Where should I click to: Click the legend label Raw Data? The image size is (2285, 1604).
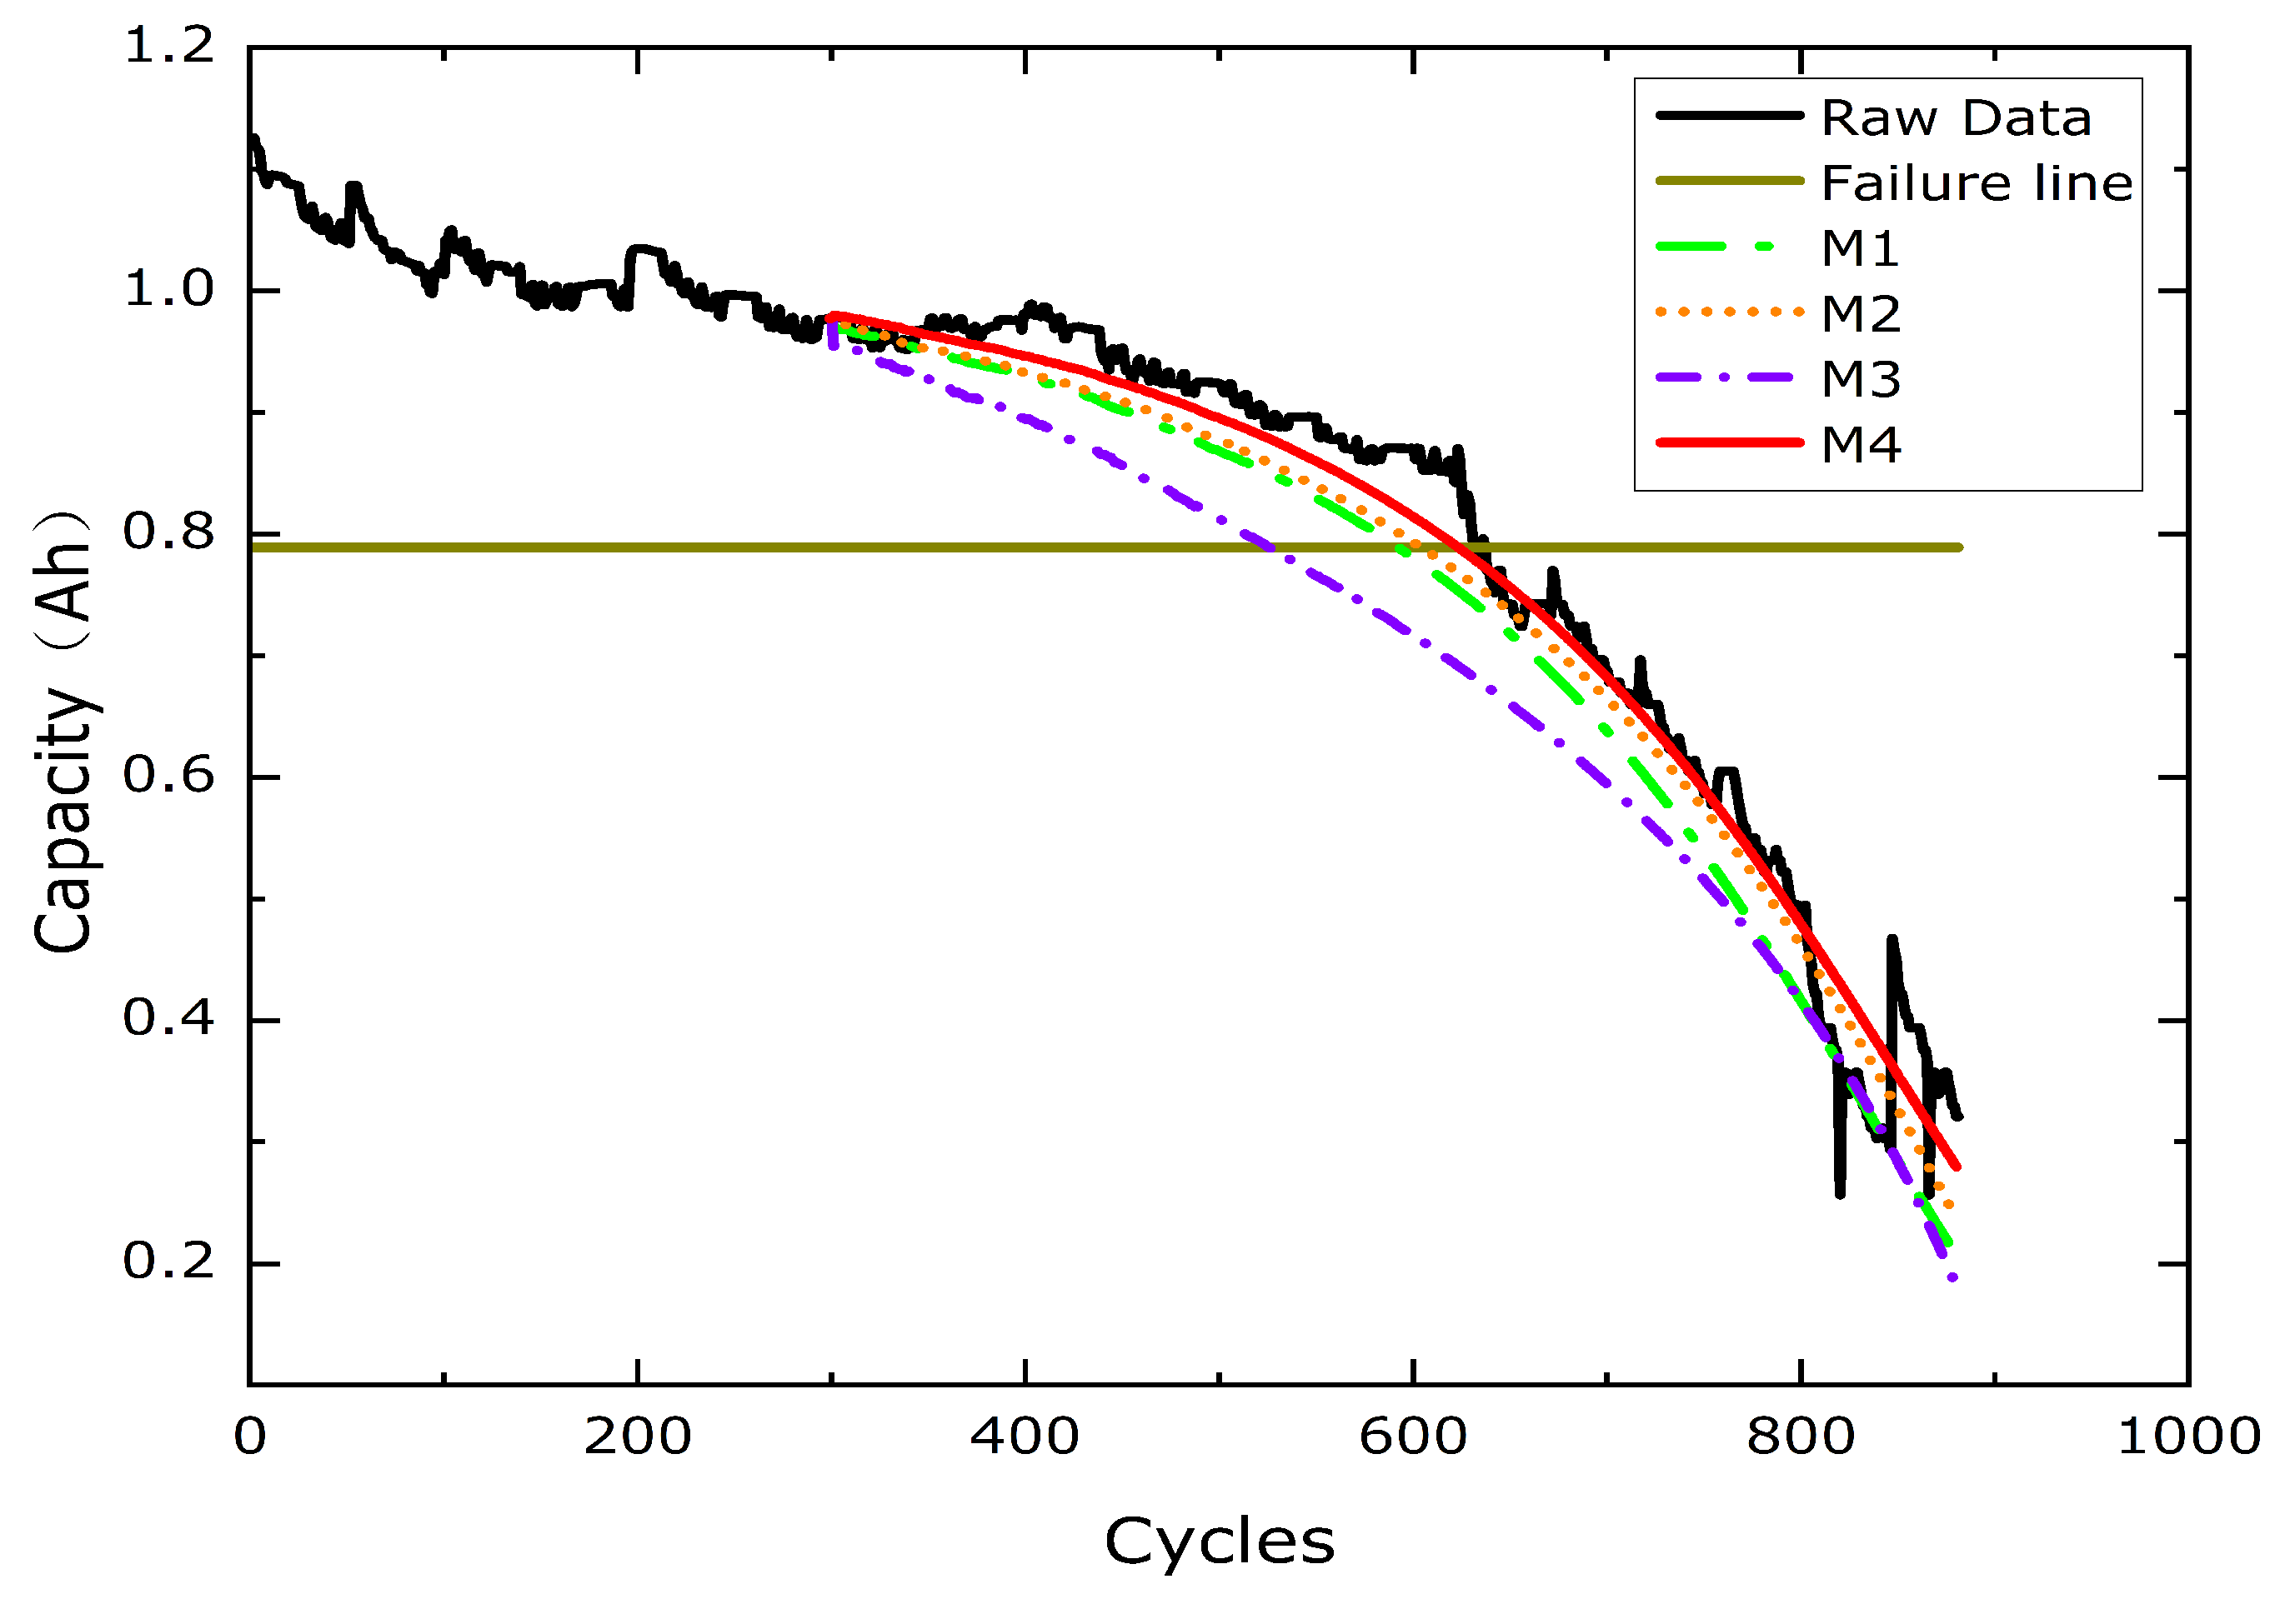point(1956,118)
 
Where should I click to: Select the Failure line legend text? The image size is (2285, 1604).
point(1977,183)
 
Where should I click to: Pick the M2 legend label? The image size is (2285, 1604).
point(1860,314)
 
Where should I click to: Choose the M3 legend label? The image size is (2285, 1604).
point(1860,379)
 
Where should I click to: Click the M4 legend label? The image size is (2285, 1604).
point(1860,445)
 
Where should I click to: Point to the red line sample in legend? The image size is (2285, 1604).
point(1729,442)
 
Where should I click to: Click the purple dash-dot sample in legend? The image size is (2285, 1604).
point(1729,378)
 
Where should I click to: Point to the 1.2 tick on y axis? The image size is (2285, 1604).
point(168,47)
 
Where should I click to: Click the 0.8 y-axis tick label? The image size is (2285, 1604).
point(168,533)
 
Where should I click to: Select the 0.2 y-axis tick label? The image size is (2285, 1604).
point(168,1262)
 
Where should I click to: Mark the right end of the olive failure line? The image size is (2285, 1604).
point(1958,547)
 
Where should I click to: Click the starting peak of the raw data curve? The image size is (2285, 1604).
point(255,138)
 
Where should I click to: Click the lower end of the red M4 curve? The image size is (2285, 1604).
point(1957,1167)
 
